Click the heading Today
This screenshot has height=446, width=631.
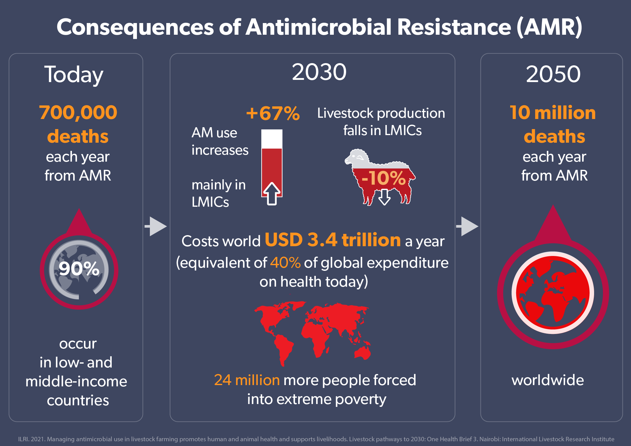pyautogui.click(x=74, y=75)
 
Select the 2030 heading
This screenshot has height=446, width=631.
pyautogui.click(x=319, y=72)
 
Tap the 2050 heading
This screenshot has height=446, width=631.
pyautogui.click(x=553, y=74)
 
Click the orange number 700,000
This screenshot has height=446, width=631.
pyautogui.click(x=78, y=112)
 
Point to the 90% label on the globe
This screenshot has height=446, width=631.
pyautogui.click(x=79, y=269)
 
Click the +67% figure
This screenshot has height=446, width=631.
pyautogui.click(x=273, y=113)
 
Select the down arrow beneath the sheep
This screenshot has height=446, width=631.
pyautogui.click(x=384, y=197)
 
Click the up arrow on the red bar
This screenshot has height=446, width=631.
pyautogui.click(x=272, y=193)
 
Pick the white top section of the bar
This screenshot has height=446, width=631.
pyautogui.click(x=272, y=138)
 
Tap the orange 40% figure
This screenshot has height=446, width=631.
pyautogui.click(x=285, y=263)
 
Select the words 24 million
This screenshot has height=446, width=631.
pyautogui.click(x=247, y=380)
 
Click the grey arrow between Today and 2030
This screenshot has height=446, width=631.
pyautogui.click(x=156, y=226)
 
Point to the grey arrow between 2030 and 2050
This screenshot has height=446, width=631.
pyautogui.click(x=468, y=226)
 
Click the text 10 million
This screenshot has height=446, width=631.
pyautogui.click(x=552, y=113)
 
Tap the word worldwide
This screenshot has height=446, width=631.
pyautogui.click(x=547, y=380)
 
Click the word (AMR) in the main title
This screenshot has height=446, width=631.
pyautogui.click(x=549, y=27)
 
